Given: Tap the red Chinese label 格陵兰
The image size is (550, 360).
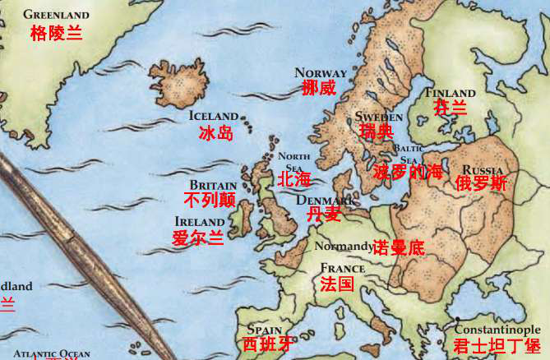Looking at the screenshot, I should pyautogui.click(x=56, y=33).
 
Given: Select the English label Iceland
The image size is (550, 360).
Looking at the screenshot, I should pyautogui.click(x=213, y=116).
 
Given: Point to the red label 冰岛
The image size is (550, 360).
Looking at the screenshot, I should pyautogui.click(x=216, y=132).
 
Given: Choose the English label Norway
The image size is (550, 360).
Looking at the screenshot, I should pyautogui.click(x=320, y=72).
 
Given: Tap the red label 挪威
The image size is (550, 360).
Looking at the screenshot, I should pyautogui.click(x=319, y=88).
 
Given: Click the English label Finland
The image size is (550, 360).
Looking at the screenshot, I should pyautogui.click(x=450, y=93).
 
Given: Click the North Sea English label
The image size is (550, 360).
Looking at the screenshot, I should pyautogui.click(x=293, y=161).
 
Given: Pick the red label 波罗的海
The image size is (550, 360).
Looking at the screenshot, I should pyautogui.click(x=408, y=172).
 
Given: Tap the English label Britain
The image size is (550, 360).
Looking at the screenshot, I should pyautogui.click(x=213, y=185).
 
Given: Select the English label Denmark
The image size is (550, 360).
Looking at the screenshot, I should pyautogui.click(x=323, y=200).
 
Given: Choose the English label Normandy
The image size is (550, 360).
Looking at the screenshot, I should pyautogui.click(x=343, y=246).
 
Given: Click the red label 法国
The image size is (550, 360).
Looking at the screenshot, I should pyautogui.click(x=337, y=284).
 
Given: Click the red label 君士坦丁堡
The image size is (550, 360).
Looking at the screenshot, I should pyautogui.click(x=497, y=346).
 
